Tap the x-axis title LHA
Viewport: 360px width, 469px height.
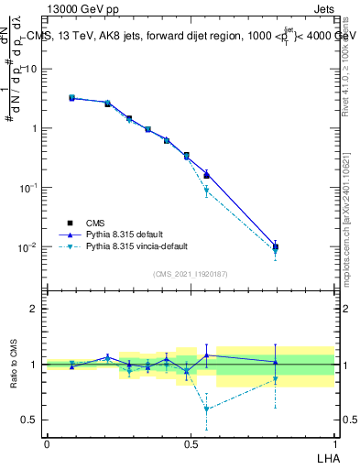click(x=326, y=456)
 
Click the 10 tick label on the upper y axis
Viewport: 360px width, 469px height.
click(x=31, y=69)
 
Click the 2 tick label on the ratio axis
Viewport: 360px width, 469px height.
click(x=35, y=309)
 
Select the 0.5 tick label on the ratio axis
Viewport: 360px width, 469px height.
click(x=31, y=420)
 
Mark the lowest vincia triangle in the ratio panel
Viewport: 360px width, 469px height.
click(x=207, y=409)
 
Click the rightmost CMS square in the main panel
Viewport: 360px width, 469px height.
click(x=276, y=246)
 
